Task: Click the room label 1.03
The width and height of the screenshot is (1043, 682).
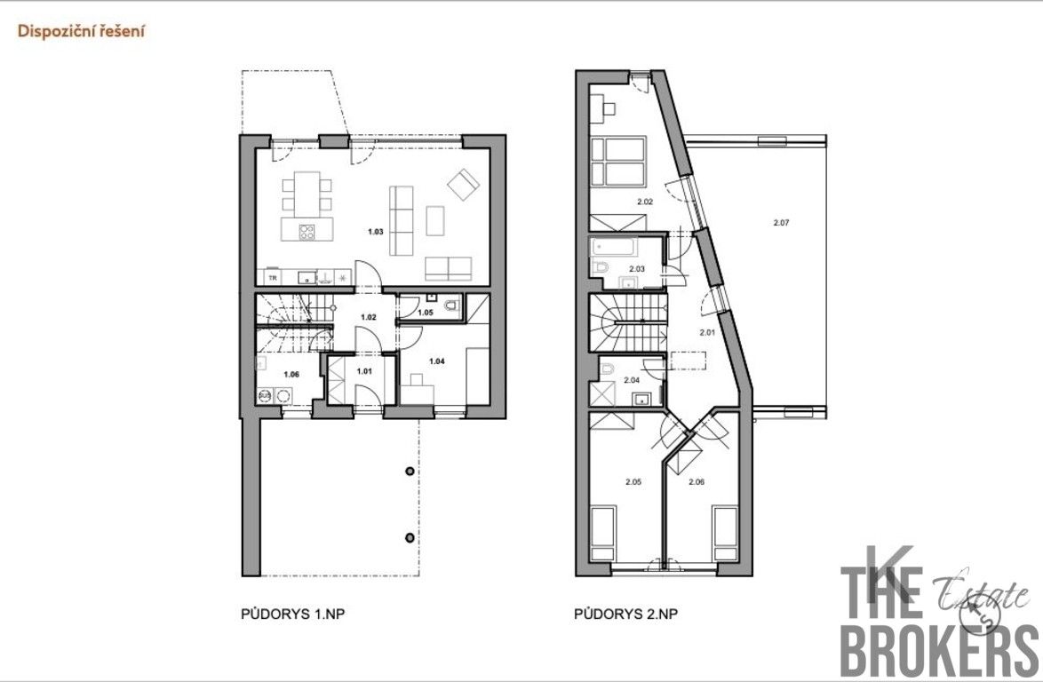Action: (376, 231)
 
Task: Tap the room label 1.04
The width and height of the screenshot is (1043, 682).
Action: (436, 361)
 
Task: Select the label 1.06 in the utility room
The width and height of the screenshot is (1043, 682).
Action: (291, 374)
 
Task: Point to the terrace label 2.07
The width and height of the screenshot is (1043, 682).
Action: (781, 223)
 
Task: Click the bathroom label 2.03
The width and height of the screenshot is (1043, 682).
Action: (637, 268)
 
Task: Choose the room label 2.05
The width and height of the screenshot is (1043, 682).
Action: (633, 481)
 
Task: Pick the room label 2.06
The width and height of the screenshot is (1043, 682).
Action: (696, 481)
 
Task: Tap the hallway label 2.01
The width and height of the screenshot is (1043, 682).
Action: (707, 333)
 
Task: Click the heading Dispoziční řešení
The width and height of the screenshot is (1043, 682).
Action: (82, 31)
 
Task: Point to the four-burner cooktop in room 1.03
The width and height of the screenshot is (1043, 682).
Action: (307, 234)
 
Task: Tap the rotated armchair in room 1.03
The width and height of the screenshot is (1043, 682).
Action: (463, 185)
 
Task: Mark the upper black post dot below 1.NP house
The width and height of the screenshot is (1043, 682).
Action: (409, 472)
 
